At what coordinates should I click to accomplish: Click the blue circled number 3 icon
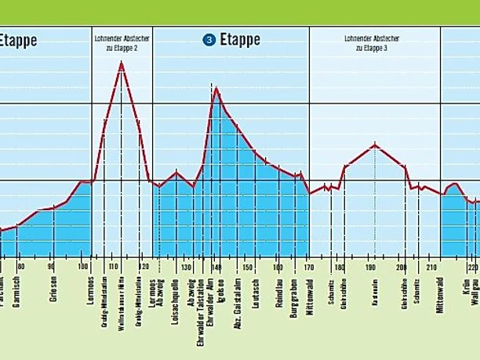pyautogui.click(x=209, y=40)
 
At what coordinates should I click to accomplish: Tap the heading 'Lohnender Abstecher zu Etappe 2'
pyautogui.click(x=122, y=42)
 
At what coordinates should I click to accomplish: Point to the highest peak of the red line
pyautogui.click(x=122, y=62)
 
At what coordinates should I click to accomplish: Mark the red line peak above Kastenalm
pyautogui.click(x=376, y=144)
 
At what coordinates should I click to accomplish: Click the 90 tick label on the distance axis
pyautogui.click(x=52, y=267)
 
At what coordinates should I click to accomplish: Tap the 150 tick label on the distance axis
pyautogui.click(x=248, y=267)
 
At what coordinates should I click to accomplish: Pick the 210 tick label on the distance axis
pyautogui.click(x=431, y=267)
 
